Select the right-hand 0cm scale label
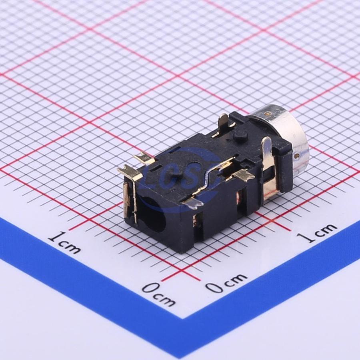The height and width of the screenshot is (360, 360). pyautogui.click(x=226, y=282)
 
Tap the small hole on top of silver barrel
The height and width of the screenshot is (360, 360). pyautogui.click(x=268, y=113)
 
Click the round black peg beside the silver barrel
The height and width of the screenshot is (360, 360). pyautogui.click(x=240, y=136)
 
